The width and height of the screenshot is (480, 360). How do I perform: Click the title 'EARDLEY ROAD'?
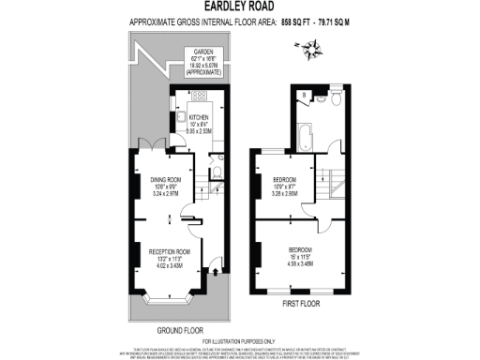(x=239, y=7)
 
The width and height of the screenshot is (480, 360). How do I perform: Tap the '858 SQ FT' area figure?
(x=277, y=20)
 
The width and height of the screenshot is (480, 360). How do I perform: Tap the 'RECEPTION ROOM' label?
(x=170, y=253)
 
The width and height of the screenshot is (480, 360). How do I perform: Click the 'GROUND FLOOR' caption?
(x=180, y=331)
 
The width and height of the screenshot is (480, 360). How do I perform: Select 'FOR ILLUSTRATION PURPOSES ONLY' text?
(x=239, y=341)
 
